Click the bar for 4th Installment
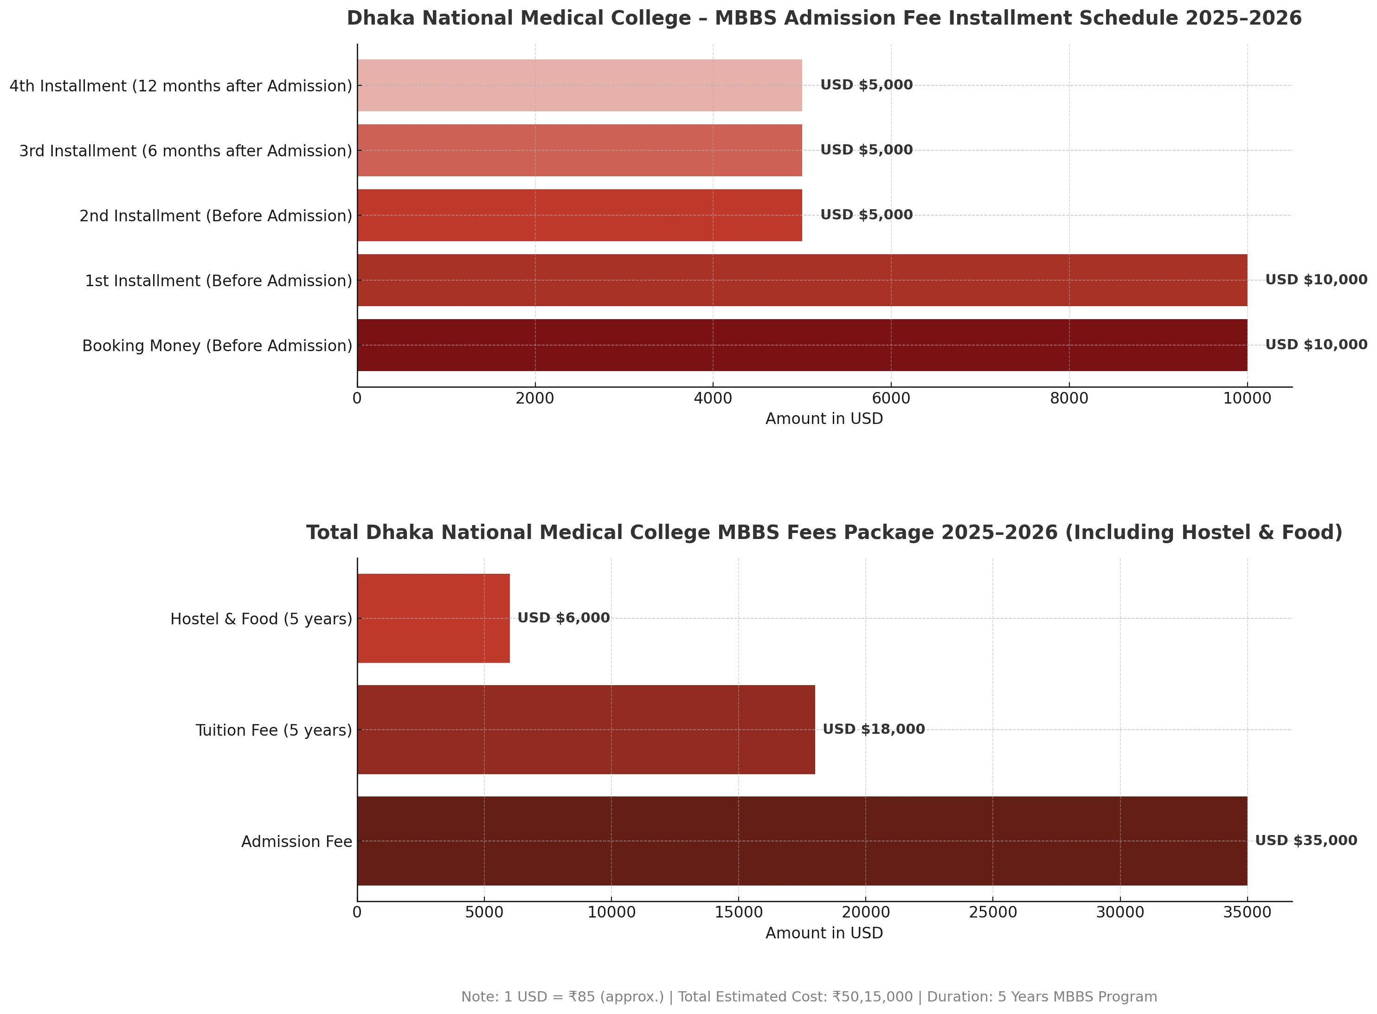pyautogui.click(x=579, y=85)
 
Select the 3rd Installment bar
pyautogui.click(x=579, y=150)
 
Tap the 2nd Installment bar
pyautogui.click(x=579, y=215)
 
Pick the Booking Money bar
pyautogui.click(x=801, y=345)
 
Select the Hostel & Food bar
pyautogui.click(x=433, y=618)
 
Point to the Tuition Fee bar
pyautogui.click(x=586, y=729)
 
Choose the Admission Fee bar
pyautogui.click(x=801, y=841)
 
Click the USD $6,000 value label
pyautogui.click(x=564, y=618)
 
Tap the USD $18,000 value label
pyautogui.click(x=873, y=729)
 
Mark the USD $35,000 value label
pyautogui.click(x=1306, y=841)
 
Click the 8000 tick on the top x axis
pyautogui.click(x=1069, y=399)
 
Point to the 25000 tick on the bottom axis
pyautogui.click(x=993, y=913)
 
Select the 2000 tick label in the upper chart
pyautogui.click(x=535, y=399)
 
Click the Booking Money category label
pyautogui.click(x=217, y=346)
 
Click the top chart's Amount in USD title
pyautogui.click(x=824, y=419)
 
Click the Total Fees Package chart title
pyautogui.click(x=824, y=532)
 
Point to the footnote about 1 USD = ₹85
pyautogui.click(x=809, y=997)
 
